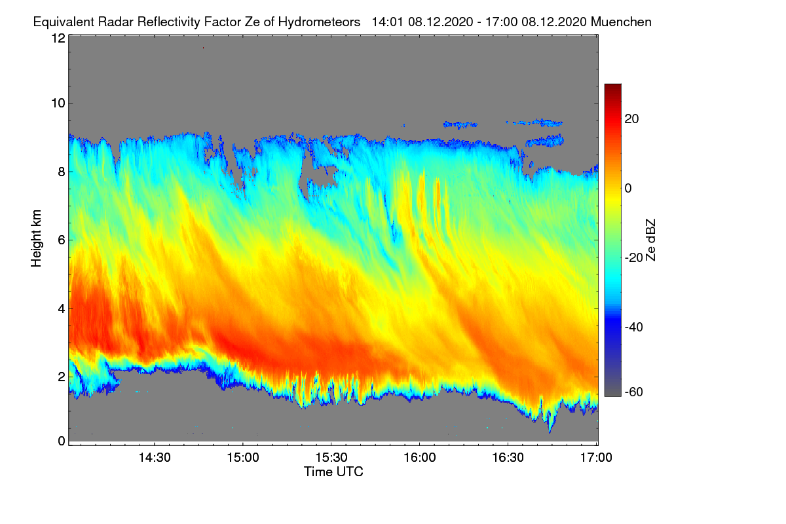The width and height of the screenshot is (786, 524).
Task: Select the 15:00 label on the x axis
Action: point(242,458)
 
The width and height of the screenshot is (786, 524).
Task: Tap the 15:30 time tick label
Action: point(331,458)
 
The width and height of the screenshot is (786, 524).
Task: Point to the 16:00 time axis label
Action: point(419,458)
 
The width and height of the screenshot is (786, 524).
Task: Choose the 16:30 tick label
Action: point(508,458)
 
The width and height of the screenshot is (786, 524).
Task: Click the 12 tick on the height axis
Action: point(58,38)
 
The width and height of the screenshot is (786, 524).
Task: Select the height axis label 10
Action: point(58,103)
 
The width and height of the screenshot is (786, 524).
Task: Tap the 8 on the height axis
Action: point(62,172)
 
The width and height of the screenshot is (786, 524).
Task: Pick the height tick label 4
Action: point(62,308)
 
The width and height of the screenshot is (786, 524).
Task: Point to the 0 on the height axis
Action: point(62,441)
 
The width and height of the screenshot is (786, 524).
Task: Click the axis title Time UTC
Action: point(333,472)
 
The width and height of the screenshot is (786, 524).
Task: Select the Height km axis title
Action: point(36,239)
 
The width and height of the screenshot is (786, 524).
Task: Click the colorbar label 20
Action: point(632,119)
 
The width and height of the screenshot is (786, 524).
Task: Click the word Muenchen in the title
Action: point(621,22)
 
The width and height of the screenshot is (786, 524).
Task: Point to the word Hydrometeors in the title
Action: point(319,22)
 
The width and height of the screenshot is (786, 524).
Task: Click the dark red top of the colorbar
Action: point(612,87)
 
